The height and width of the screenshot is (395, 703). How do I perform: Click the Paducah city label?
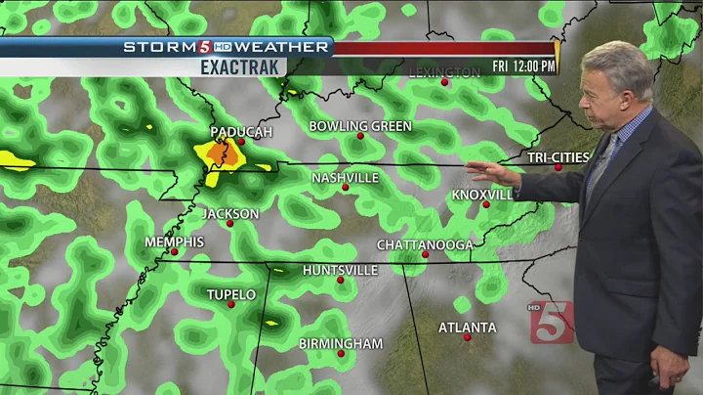point(240,131)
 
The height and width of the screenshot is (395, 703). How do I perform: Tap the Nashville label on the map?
point(345,178)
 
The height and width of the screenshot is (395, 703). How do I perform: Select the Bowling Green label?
point(360,126)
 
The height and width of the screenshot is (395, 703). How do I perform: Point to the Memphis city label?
point(174,241)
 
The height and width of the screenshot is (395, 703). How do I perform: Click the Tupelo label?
point(230,294)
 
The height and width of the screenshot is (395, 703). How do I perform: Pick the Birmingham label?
point(340,343)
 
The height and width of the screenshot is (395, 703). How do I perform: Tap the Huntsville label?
point(340,270)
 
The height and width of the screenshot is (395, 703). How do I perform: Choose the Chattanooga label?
point(425,244)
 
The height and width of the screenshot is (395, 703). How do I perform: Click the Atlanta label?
point(467,328)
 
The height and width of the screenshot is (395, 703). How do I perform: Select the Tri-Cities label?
point(558,157)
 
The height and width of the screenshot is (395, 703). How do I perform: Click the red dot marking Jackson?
point(230,224)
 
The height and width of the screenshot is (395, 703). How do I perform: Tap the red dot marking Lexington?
point(444,82)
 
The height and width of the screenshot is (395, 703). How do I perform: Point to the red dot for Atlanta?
point(468,338)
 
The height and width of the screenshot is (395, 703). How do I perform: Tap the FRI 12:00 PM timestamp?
point(524,66)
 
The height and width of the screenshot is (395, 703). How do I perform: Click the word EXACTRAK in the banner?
point(241,66)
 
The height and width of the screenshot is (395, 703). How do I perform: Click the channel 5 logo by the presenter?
point(552,322)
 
